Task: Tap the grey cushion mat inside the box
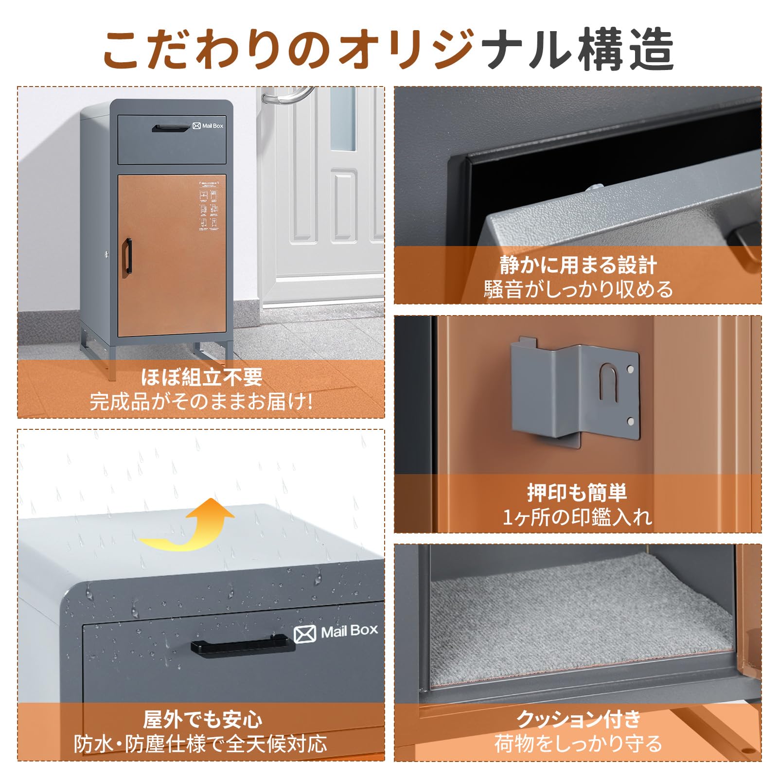(x=579, y=627)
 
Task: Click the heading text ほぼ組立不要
(x=201, y=377)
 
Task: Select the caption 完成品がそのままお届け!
(x=201, y=402)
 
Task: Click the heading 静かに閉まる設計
(x=578, y=265)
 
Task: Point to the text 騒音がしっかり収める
(x=578, y=290)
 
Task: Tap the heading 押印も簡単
(x=577, y=493)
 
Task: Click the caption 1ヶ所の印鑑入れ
(x=577, y=517)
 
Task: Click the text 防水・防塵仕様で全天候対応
(x=200, y=744)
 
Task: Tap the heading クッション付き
(x=578, y=719)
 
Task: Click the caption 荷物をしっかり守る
(x=578, y=744)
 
